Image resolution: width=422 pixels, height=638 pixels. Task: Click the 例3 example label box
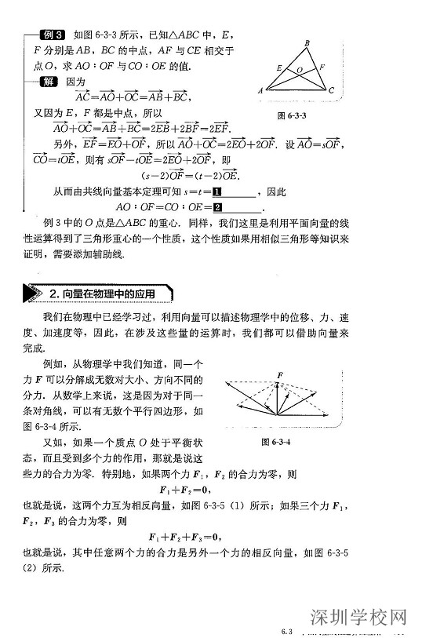(53, 35)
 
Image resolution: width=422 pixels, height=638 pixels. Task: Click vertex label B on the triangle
(307, 43)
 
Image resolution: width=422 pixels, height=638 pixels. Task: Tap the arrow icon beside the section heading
(34, 293)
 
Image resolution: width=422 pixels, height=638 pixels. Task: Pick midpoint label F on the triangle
(322, 67)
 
